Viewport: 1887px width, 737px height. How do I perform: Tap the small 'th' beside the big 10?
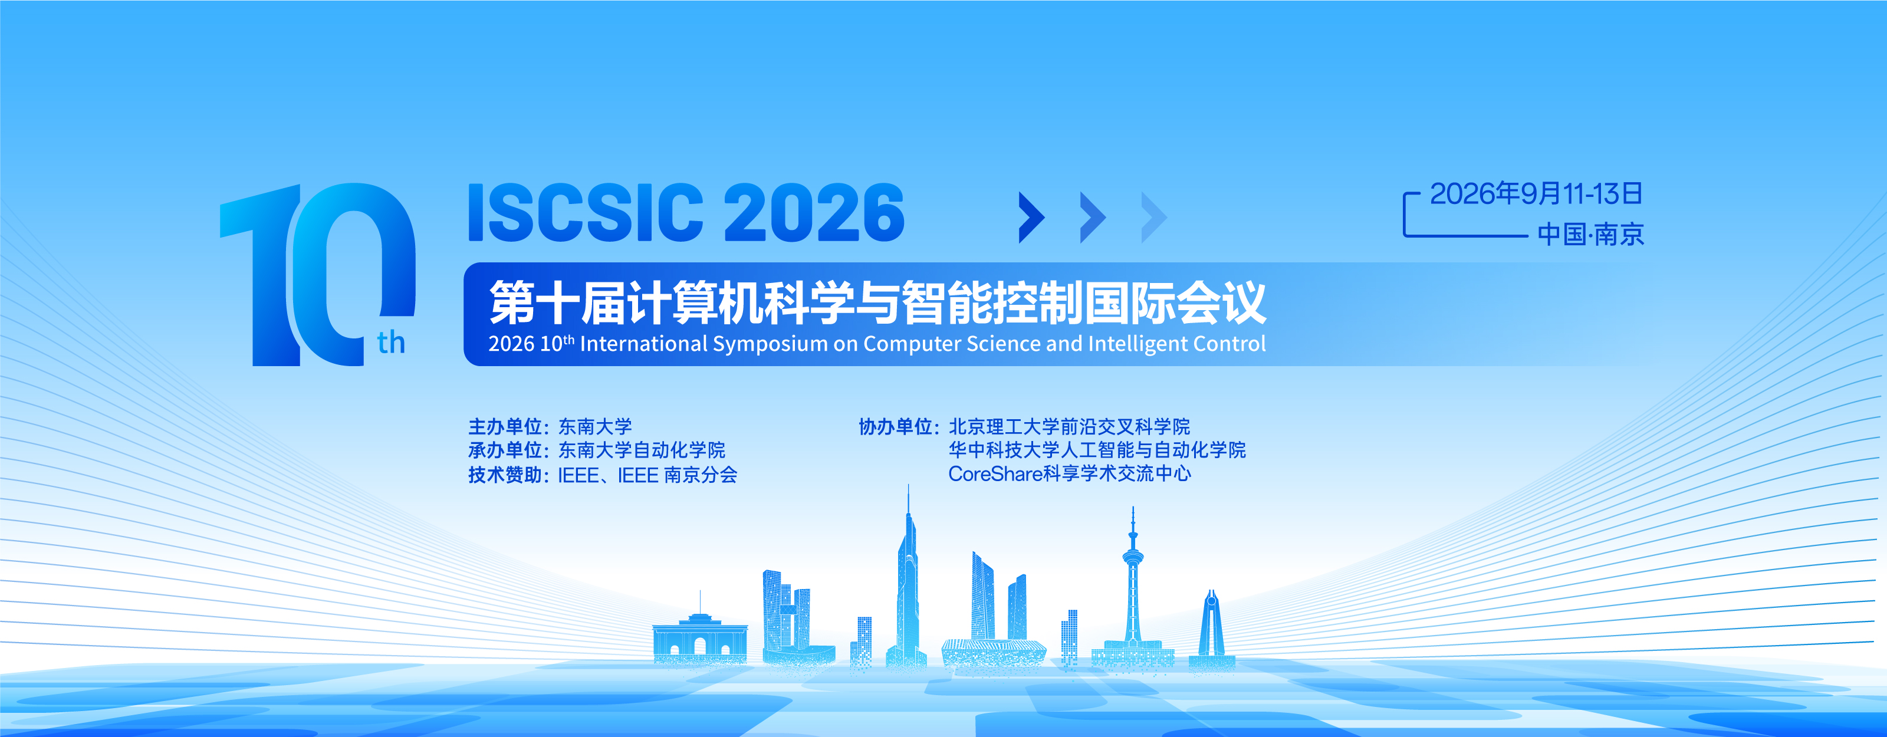[x=391, y=342]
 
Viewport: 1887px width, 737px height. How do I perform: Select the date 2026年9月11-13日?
[x=1536, y=193]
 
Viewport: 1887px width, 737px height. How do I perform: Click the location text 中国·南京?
[x=1590, y=235]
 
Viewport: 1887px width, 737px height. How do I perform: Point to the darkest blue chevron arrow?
[x=1032, y=217]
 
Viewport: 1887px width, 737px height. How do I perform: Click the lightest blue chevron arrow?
[x=1155, y=217]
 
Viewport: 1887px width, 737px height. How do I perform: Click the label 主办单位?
[x=505, y=426]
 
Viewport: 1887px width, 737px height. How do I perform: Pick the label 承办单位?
[x=505, y=450]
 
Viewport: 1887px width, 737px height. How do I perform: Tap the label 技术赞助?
[x=505, y=475]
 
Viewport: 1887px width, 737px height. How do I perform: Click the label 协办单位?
[x=895, y=426]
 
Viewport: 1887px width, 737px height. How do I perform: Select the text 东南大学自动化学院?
[x=642, y=450]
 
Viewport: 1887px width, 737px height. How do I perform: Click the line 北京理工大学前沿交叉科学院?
[x=1070, y=426]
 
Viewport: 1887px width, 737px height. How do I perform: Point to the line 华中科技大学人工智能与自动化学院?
[x=1097, y=450]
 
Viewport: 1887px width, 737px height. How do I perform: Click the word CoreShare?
[x=995, y=474]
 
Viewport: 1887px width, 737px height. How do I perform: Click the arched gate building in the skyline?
[x=699, y=636]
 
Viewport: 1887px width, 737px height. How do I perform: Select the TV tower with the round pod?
[x=1132, y=586]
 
